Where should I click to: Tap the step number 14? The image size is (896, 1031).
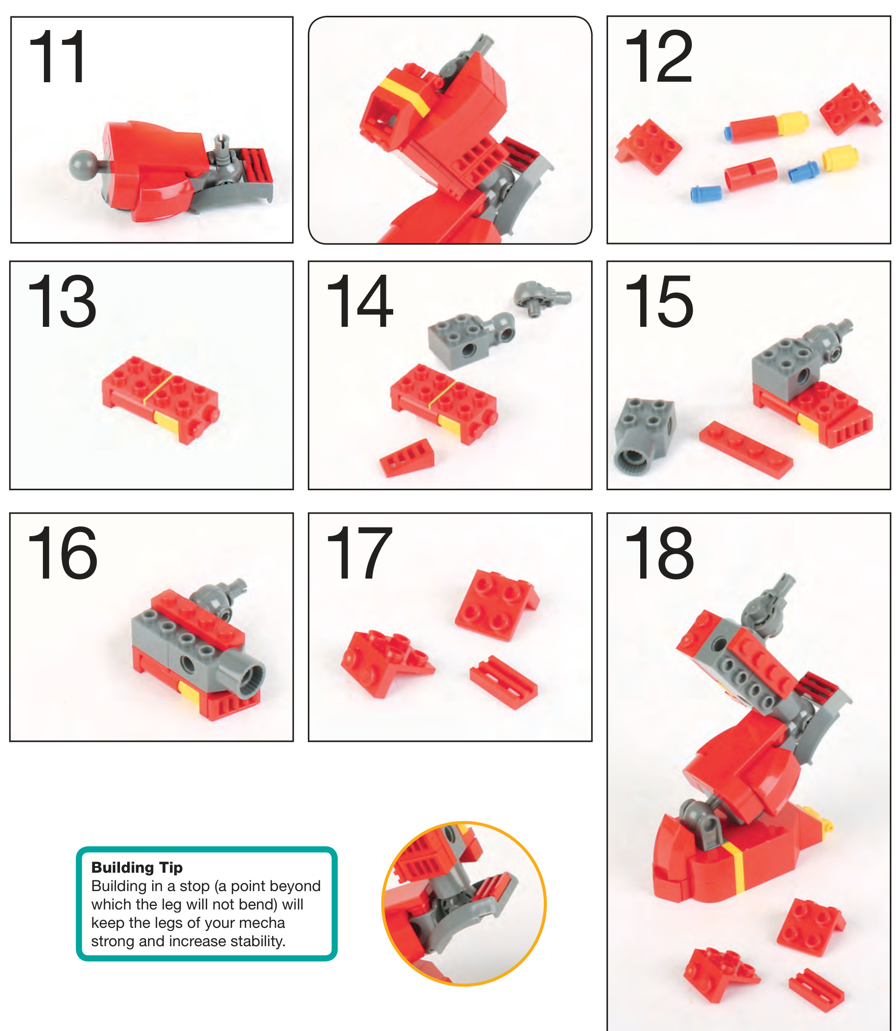coord(359,301)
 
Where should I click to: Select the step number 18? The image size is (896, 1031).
coord(659,553)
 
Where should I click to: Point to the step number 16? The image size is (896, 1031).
coord(62,553)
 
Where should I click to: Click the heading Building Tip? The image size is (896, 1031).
coord(137,867)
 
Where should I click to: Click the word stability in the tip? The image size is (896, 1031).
coord(256,941)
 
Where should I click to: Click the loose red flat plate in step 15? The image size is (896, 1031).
coord(746,449)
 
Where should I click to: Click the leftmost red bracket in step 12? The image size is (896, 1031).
coord(648,146)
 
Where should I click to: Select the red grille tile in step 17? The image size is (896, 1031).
coord(503,682)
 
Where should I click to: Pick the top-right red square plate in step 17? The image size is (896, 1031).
coord(496,605)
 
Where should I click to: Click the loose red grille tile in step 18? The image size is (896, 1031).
coord(816,990)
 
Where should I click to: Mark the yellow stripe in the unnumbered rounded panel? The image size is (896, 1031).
coord(404,95)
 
